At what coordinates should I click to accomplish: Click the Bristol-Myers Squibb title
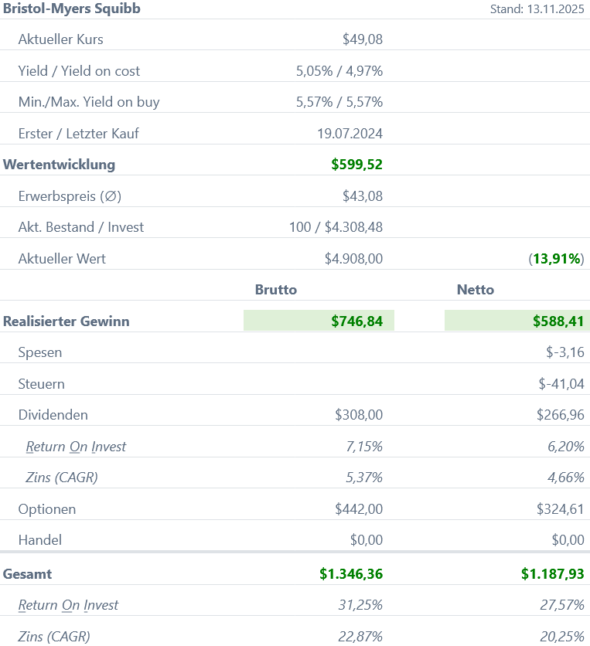pos(72,8)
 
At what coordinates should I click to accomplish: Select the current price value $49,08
pos(362,39)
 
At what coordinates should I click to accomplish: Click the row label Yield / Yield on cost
pos(79,71)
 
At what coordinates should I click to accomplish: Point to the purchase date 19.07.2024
pos(350,134)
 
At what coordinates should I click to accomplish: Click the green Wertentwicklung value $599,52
pos(356,165)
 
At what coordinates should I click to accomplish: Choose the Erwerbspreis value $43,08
pos(362,196)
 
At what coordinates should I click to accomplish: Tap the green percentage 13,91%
pos(557,259)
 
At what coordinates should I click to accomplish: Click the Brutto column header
pos(276,290)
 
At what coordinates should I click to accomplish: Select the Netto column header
pos(476,290)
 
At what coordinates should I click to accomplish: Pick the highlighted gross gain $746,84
pos(356,321)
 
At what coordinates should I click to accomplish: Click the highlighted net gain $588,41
pos(558,321)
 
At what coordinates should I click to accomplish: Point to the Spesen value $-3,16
pos(564,352)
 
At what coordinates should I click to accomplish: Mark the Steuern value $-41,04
pos(561,384)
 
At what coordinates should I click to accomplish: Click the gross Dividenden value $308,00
pos(359,415)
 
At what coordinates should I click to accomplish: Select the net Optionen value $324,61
pos(560,509)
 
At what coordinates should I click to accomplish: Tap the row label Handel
pos(39,540)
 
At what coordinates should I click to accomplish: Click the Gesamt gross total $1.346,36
pos(351,574)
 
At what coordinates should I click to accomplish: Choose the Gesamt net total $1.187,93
pos(552,574)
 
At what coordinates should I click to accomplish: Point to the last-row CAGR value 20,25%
pos(561,637)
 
